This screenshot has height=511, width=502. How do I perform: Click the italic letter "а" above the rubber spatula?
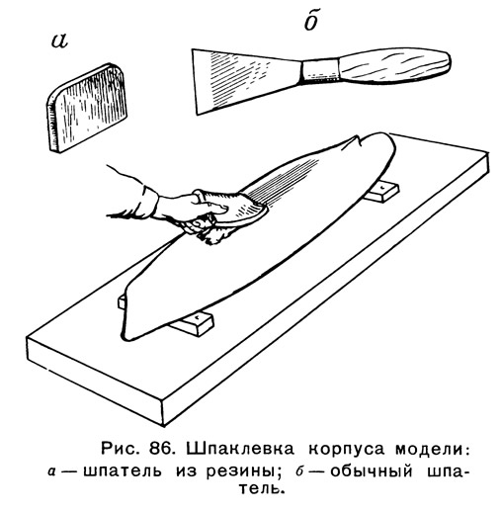pos(59,41)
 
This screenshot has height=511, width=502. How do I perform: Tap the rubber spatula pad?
pos(86,108)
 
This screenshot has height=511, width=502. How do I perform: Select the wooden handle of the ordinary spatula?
pos(394,66)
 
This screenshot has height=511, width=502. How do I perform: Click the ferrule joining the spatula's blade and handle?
pos(320,70)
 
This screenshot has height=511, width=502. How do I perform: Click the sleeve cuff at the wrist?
pos(150,202)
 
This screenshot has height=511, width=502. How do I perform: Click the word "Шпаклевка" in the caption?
pos(240,449)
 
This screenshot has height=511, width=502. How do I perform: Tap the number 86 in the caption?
pos(159,449)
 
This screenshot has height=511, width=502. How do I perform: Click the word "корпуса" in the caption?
pos(347,450)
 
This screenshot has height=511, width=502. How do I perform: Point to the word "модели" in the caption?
pos(430,450)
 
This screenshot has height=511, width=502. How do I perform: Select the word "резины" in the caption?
pos(241,472)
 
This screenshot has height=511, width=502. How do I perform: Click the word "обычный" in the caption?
pos(372,471)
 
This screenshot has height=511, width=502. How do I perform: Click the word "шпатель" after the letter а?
pos(123,471)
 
